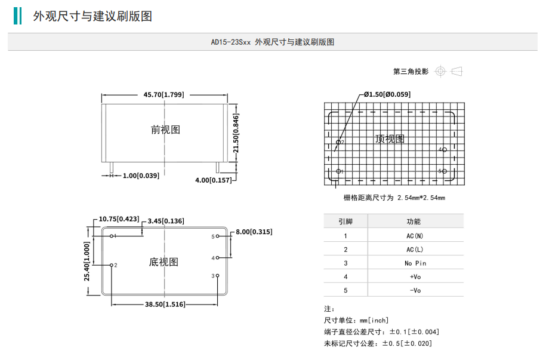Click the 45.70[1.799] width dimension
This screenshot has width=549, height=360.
coord(164,94)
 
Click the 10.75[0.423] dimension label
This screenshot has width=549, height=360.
coord(119,219)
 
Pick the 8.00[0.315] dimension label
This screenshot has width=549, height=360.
coord(254,232)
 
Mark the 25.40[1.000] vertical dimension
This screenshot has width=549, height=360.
coord(87,261)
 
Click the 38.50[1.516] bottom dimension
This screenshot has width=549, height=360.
coord(165,304)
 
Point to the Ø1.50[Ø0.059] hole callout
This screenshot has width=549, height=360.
coord(387,94)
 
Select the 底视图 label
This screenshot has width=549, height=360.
coord(164,262)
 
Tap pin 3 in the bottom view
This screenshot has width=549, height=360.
coord(218,275)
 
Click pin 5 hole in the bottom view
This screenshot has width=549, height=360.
coord(218,236)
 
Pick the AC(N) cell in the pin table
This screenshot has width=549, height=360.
coord(415,236)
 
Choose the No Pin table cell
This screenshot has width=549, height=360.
coord(415,263)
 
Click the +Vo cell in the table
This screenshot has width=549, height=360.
coord(415,277)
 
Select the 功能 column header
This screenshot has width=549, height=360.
coord(414,221)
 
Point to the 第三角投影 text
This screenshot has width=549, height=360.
coord(411,72)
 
